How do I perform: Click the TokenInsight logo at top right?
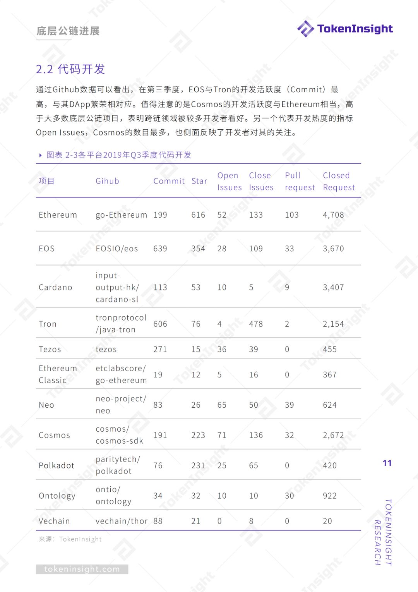pos(345,29)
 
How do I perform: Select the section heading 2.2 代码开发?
pos(70,69)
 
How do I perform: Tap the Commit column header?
pos(169,181)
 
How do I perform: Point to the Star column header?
pos(199,181)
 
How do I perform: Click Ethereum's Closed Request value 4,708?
pos(333,215)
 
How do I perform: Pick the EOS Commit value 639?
pos(160,249)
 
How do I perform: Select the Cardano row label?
pos(55,287)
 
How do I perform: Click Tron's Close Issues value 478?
pos(256,324)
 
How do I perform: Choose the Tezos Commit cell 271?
pos(160,349)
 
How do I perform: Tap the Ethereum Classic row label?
pos(58,374)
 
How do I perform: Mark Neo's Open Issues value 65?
pos(222,405)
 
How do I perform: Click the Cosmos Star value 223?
pos(198,435)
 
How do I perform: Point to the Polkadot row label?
pos(57,465)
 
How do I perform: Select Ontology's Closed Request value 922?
pos(330,496)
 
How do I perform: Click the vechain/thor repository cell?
pos(122,521)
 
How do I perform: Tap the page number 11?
pos(387,463)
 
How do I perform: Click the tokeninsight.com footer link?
pos(82,569)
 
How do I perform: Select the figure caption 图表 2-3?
pos(118,155)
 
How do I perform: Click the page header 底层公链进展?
pos(68,31)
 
